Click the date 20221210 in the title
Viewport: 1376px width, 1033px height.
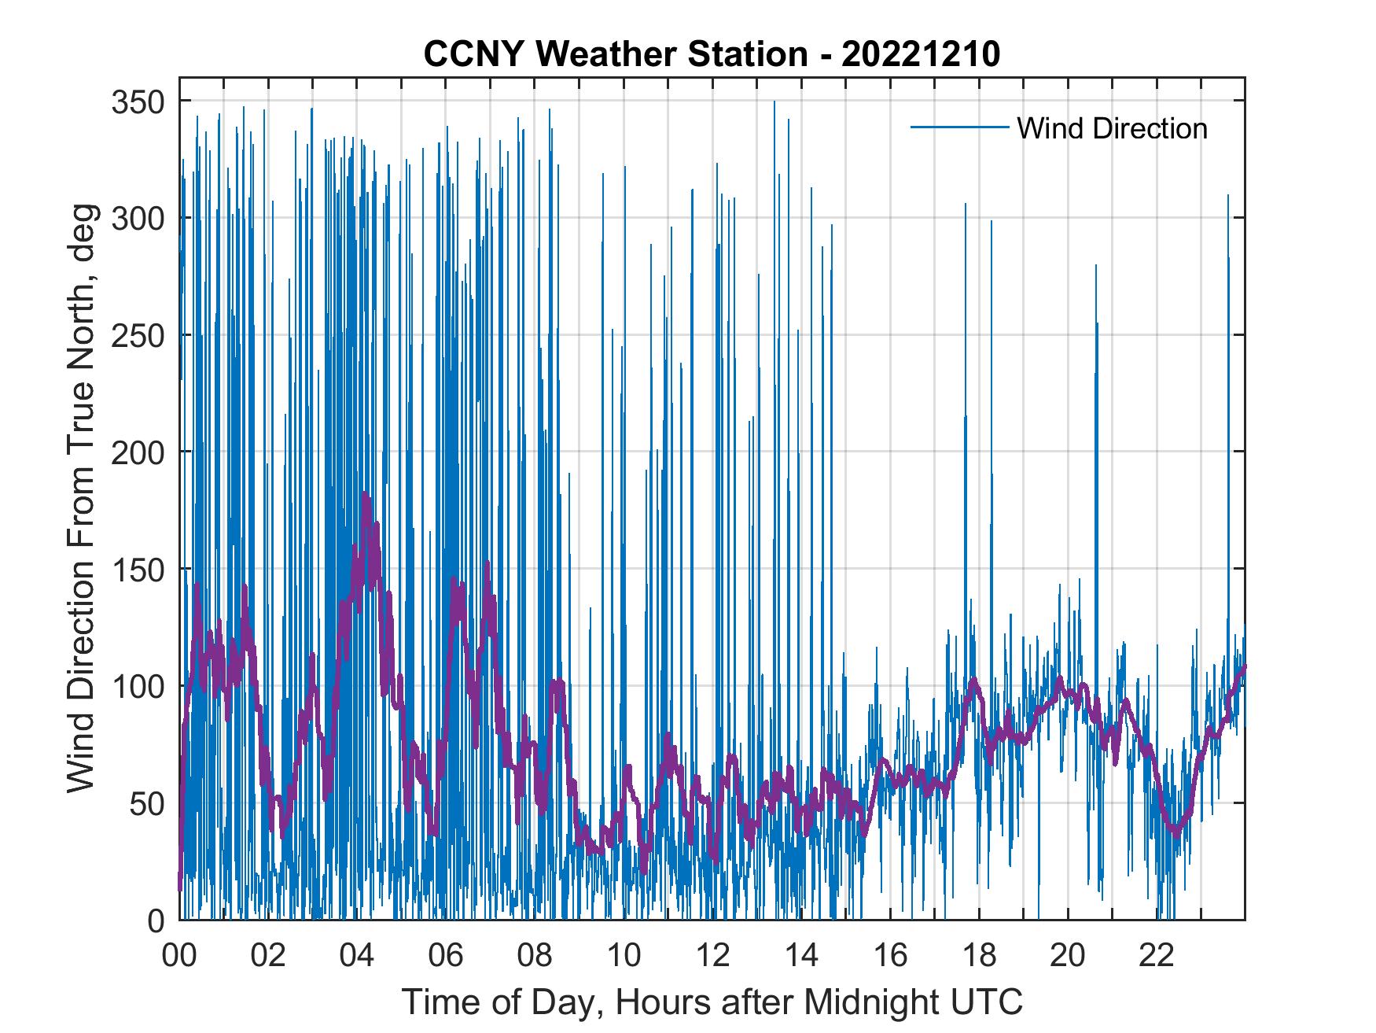(921, 54)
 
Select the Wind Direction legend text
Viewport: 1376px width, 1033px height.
(1112, 128)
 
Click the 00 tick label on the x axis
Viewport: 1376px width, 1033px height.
(179, 956)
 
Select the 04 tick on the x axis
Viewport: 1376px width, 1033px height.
(357, 956)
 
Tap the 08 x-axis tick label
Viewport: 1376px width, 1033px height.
(535, 956)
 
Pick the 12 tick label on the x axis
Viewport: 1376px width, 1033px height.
(712, 956)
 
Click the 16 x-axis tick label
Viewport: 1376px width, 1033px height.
(890, 956)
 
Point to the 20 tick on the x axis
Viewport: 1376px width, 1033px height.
(1068, 956)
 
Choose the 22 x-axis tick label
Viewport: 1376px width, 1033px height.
(1157, 956)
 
